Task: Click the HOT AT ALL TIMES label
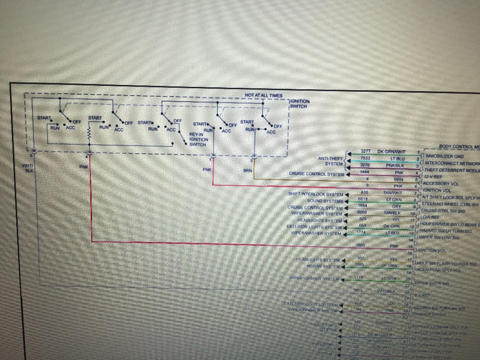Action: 264,96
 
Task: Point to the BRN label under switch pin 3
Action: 248,169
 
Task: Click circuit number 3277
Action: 366,151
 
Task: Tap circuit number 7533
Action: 365,157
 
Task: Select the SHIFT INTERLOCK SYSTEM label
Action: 316,194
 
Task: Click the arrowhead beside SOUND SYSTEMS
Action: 347,201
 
